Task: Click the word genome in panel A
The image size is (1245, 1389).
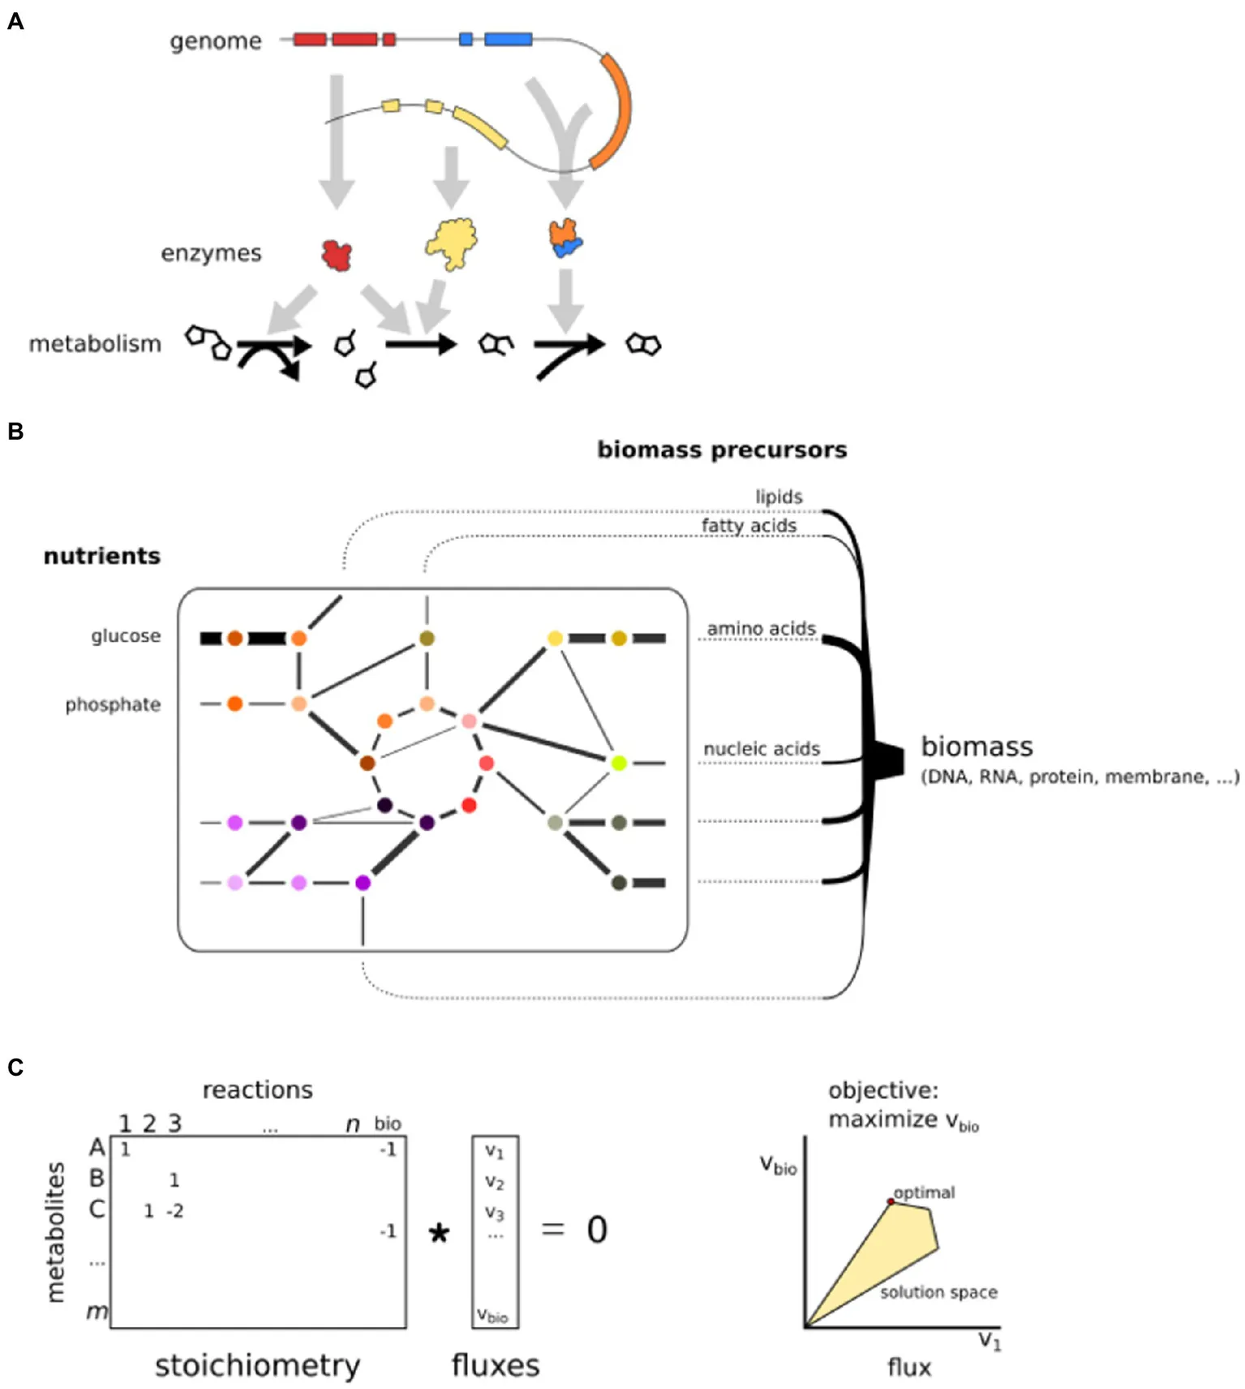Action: [x=216, y=41]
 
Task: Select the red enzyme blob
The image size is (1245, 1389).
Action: [x=337, y=255]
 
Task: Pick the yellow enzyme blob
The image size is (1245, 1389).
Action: [x=452, y=243]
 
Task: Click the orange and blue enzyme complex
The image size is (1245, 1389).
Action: [x=565, y=238]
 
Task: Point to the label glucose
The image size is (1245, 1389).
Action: [x=126, y=636]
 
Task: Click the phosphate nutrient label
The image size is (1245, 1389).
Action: [x=113, y=704]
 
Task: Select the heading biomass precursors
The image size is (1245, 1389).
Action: [x=722, y=450]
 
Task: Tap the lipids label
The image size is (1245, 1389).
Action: [x=779, y=497]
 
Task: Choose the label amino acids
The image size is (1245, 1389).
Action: [x=761, y=629]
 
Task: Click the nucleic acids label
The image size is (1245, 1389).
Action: [x=762, y=749]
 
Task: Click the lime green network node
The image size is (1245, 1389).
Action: [x=619, y=763]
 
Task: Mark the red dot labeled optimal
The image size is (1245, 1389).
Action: [x=891, y=1202]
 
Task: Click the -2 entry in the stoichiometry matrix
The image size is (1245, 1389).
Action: [x=175, y=1211]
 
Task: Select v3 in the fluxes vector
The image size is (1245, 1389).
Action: [x=495, y=1212]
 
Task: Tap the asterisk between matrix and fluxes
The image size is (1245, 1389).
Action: [x=439, y=1234]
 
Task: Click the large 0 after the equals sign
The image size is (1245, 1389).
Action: [x=597, y=1230]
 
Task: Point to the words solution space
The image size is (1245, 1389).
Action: [x=938, y=1292]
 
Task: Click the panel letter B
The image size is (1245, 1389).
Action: [x=15, y=432]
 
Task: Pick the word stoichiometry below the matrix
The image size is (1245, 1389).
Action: [x=257, y=1365]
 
